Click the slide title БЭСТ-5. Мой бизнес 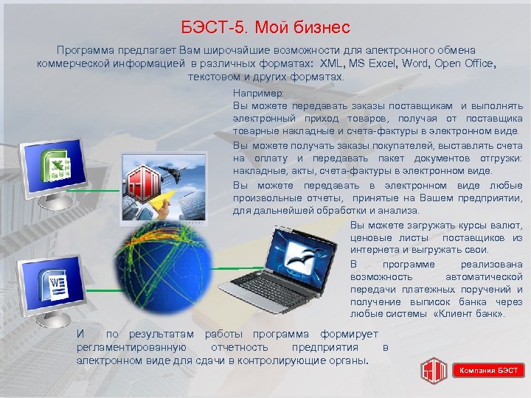[265, 29]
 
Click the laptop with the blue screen [296, 258]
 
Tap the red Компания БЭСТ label [489, 370]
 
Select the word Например [252, 94]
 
